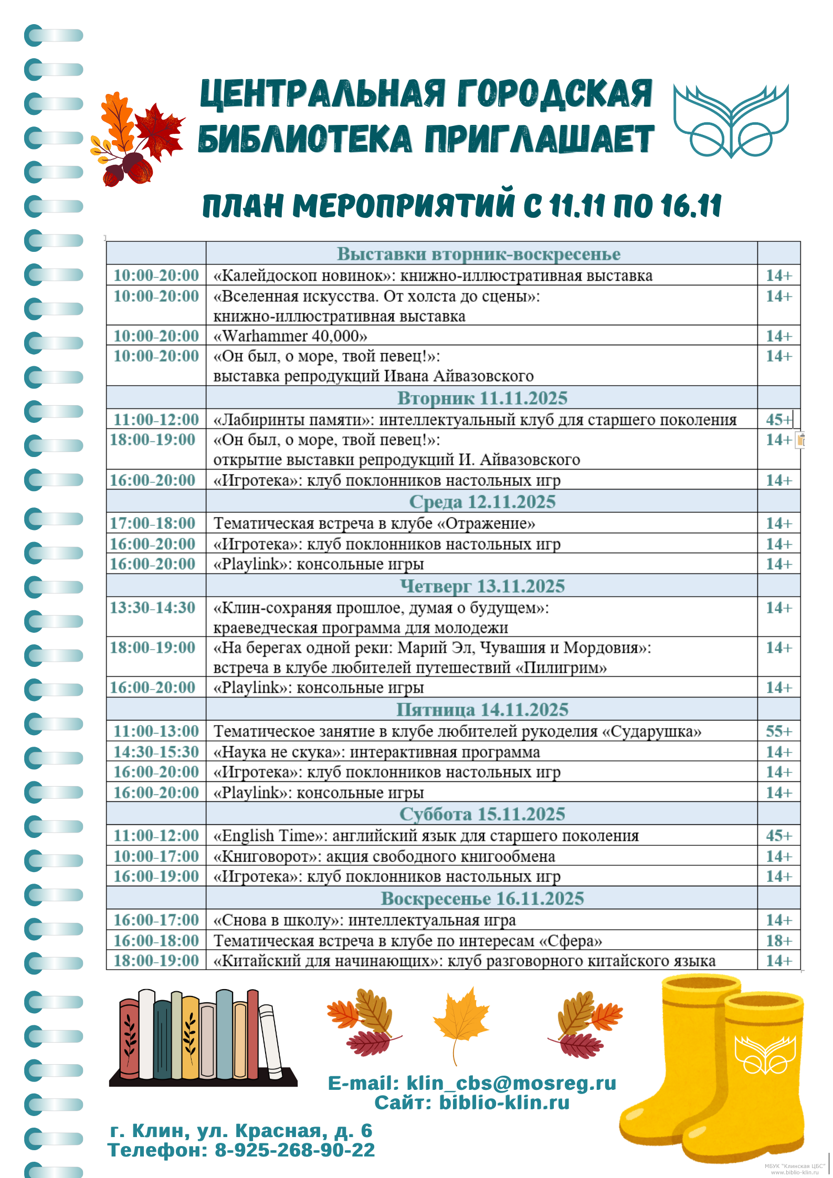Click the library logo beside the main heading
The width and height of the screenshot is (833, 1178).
click(x=731, y=121)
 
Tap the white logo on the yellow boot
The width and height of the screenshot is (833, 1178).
click(x=764, y=1055)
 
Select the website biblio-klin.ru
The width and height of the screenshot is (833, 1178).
click(x=504, y=1103)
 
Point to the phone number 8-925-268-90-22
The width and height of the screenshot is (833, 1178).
click(x=294, y=1150)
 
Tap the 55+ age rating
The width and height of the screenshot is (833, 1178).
click(x=778, y=731)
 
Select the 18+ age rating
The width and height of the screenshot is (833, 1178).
click(x=778, y=940)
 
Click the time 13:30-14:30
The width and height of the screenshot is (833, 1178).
click(x=153, y=608)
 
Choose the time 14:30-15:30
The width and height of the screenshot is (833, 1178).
click(x=156, y=752)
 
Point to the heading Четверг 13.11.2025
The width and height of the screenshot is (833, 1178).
click(x=482, y=586)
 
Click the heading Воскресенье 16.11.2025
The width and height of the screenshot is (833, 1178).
click(x=482, y=898)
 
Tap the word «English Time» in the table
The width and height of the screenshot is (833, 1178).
click(x=269, y=835)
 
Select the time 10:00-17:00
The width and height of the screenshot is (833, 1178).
click(x=156, y=856)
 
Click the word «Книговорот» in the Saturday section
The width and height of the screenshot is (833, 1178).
click(x=266, y=856)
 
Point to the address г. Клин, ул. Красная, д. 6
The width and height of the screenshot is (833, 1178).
click(x=241, y=1130)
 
